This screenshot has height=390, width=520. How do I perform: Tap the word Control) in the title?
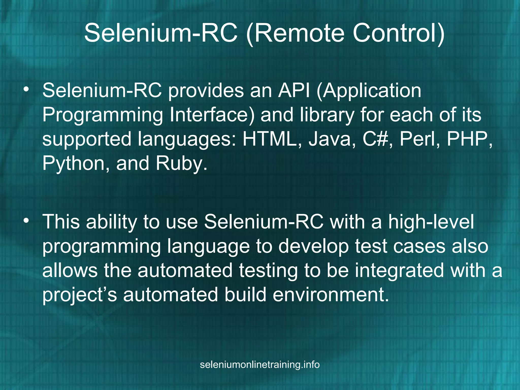click(x=399, y=33)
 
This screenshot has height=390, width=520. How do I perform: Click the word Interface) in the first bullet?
click(x=212, y=115)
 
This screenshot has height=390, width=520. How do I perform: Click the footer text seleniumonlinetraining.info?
click(x=260, y=365)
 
